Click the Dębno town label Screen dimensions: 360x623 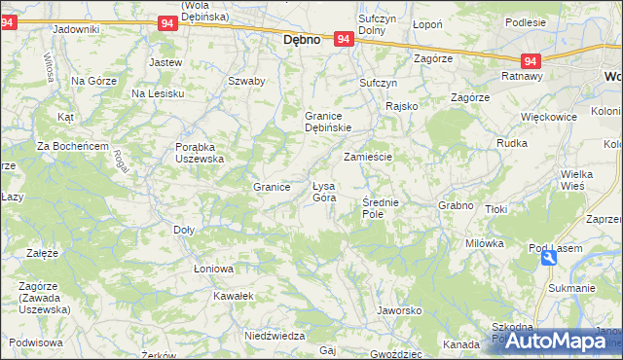[302, 42]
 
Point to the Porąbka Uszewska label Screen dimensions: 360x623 [200, 152]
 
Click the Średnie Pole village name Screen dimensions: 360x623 [380, 207]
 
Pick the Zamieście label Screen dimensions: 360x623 [368, 157]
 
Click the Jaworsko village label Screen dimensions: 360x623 [398, 310]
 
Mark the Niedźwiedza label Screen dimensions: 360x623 [270, 335]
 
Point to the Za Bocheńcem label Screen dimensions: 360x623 [72, 146]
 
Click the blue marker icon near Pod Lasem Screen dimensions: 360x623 [549, 258]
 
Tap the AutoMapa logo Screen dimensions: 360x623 [551, 342]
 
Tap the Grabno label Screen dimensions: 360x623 [456, 205]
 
